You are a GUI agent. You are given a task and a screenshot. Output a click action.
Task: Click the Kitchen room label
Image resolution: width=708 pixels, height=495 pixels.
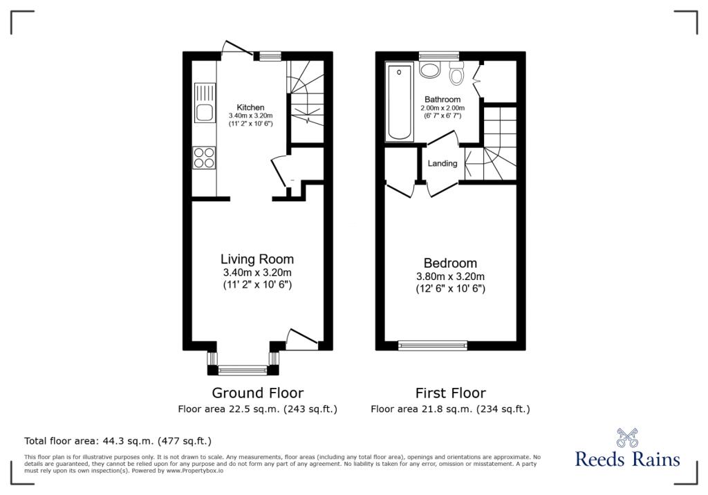point(250,107)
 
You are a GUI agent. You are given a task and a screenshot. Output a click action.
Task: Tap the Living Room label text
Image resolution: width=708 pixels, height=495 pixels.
point(257,259)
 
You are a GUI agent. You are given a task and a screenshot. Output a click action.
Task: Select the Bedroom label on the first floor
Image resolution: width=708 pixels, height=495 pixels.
point(450,263)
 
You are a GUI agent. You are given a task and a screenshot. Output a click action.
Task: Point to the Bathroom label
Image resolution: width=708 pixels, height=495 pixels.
point(442,100)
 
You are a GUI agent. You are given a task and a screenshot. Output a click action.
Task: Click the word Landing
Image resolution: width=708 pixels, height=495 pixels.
point(442,163)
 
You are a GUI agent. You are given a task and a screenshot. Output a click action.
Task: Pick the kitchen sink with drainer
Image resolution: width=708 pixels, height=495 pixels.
point(205,102)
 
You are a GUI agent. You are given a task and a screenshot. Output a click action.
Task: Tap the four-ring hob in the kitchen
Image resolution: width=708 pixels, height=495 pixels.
point(204,158)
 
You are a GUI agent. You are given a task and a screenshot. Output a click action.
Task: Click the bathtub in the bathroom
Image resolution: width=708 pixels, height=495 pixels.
point(400,102)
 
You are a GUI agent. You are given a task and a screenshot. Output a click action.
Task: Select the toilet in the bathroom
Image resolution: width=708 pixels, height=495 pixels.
point(456,73)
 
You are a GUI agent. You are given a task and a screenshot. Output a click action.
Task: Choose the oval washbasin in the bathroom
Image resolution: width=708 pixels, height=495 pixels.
point(430,70)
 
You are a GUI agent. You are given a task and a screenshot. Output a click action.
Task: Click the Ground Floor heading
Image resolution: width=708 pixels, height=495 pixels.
point(257,393)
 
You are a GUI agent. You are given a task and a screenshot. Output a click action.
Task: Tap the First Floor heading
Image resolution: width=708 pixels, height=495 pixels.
point(450,393)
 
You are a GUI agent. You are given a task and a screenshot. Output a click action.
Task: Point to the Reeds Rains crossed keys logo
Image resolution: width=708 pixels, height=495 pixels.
point(627,437)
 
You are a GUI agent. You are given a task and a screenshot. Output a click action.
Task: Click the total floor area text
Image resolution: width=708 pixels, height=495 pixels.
point(118,441)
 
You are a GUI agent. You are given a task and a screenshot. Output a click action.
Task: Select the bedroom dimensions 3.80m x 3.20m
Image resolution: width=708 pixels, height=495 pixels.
point(450,277)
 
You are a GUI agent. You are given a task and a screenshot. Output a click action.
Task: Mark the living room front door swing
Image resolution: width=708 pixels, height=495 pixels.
point(301,339)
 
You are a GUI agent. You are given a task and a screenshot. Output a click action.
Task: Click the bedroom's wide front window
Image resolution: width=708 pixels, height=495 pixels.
point(433,346)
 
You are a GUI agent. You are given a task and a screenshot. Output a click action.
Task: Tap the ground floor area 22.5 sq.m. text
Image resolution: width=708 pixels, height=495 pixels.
point(257,409)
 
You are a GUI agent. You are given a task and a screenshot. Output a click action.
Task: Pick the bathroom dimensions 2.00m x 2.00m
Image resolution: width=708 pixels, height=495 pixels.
point(442,108)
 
